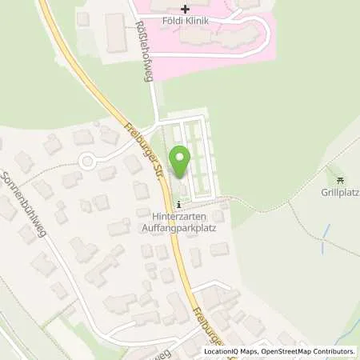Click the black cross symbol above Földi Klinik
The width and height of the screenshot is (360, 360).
coord(186,8)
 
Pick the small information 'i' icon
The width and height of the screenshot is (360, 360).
coord(178,204)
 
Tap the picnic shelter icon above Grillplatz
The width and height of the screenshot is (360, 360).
coord(339,180)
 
